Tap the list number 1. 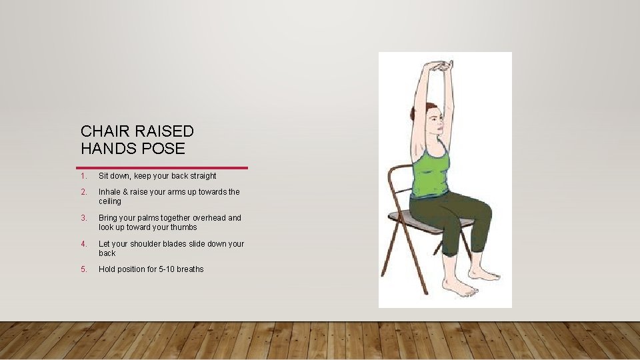click(x=83, y=176)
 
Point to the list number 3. click(x=83, y=218)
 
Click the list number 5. click(x=83, y=269)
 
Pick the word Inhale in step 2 click(x=109, y=192)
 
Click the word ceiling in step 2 click(x=110, y=201)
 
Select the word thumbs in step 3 click(x=185, y=227)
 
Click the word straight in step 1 click(x=203, y=176)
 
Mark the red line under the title click(x=162, y=167)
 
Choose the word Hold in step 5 click(x=107, y=269)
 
